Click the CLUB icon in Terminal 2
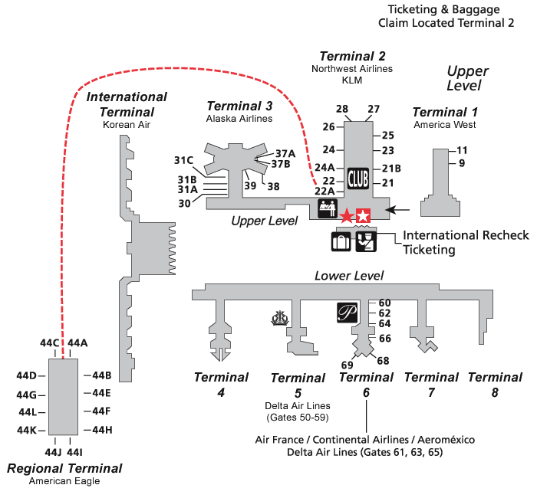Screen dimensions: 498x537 click(x=358, y=178)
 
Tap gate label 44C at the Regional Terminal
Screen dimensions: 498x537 click(x=50, y=343)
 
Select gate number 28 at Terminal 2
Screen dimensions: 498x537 click(x=342, y=109)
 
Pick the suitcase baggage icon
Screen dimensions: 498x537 click(x=341, y=241)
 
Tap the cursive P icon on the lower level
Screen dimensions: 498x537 click(x=348, y=313)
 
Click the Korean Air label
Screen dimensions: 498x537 click(x=127, y=123)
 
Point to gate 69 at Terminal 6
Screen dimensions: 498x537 click(x=347, y=365)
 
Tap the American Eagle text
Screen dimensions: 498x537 click(x=64, y=481)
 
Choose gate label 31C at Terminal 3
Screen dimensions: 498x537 click(x=183, y=160)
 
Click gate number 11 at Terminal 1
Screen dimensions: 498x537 click(x=462, y=150)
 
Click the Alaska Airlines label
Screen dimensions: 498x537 click(x=239, y=119)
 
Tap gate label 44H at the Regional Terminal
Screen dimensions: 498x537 click(x=102, y=430)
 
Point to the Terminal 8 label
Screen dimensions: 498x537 click(x=495, y=385)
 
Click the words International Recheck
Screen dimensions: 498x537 click(x=466, y=235)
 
